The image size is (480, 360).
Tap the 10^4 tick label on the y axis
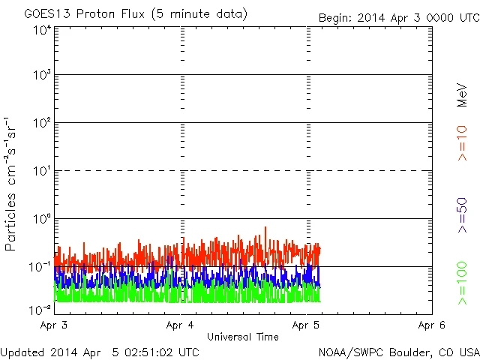[41, 30]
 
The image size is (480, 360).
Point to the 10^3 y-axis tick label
[41, 75]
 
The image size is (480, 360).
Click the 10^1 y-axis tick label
[41, 170]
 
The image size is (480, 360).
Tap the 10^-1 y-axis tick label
[40, 266]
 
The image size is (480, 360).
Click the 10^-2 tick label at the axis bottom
[40, 309]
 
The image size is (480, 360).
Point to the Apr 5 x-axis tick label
[306, 325]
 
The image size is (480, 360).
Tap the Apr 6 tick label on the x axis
[431, 325]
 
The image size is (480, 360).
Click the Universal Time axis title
[243, 337]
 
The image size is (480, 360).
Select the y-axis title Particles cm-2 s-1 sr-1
[11, 184]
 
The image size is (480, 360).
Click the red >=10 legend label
[463, 142]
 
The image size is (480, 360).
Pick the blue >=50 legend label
[463, 216]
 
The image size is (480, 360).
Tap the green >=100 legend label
[463, 283]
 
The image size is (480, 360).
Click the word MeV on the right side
[463, 96]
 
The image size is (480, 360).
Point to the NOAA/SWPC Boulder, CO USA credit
[397, 351]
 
